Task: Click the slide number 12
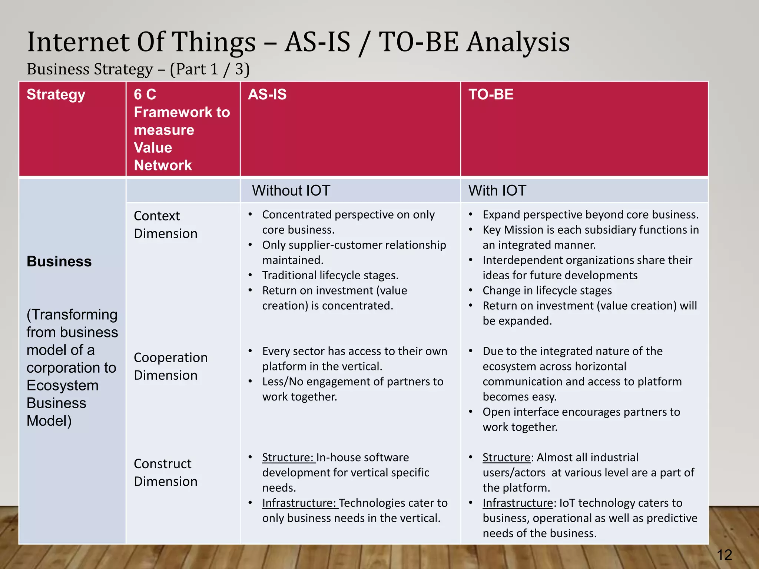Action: point(725,555)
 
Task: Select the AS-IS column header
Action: point(267,94)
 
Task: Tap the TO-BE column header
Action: point(491,94)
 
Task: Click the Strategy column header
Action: point(56,95)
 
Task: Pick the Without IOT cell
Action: point(291,191)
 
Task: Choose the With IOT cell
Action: point(497,191)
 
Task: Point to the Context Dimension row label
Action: point(165,224)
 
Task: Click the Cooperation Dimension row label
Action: point(170,366)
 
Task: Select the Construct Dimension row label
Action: point(165,472)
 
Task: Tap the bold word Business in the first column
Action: point(59,262)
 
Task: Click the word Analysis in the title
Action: point(518,42)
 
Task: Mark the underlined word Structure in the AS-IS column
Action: point(288,457)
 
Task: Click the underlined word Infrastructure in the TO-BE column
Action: point(517,503)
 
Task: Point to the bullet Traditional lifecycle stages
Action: point(330,275)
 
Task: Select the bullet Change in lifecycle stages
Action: point(547,290)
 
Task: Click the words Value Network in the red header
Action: point(163,156)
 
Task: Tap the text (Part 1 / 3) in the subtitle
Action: point(209,69)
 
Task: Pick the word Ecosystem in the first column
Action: point(62,386)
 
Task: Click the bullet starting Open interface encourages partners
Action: point(581,419)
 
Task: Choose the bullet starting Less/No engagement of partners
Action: point(352,389)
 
